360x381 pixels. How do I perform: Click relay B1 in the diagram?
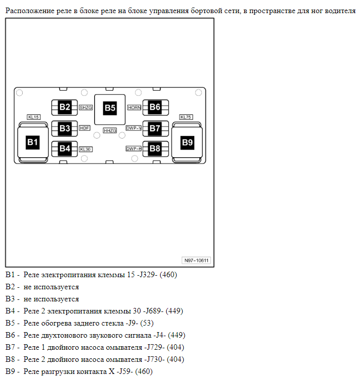pyautogui.click(x=33, y=143)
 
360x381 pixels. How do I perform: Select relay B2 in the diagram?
pyautogui.click(x=64, y=107)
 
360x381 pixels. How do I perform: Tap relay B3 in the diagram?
pyautogui.click(x=64, y=128)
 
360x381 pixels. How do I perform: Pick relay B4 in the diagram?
pyautogui.click(x=64, y=148)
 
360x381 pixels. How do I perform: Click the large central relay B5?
pyautogui.click(x=110, y=107)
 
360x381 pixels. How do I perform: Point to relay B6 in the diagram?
pyautogui.click(x=155, y=107)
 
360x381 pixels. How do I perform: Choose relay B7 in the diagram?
pyautogui.click(x=155, y=128)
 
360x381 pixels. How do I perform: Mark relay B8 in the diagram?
pyautogui.click(x=155, y=148)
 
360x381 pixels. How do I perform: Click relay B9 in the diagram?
pyautogui.click(x=187, y=143)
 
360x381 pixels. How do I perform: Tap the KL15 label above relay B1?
pyautogui.click(x=34, y=117)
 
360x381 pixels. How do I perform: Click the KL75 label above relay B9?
pyautogui.click(x=186, y=117)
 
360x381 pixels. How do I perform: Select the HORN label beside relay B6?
pyautogui.click(x=134, y=107)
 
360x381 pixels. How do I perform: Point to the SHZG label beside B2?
pyautogui.click(x=85, y=107)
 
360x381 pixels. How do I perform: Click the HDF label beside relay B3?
pyautogui.click(x=84, y=128)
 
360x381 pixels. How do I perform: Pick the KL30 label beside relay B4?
pyautogui.click(x=85, y=149)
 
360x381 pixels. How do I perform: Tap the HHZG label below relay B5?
pyautogui.click(x=110, y=131)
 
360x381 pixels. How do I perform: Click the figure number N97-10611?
pyautogui.click(x=197, y=261)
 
